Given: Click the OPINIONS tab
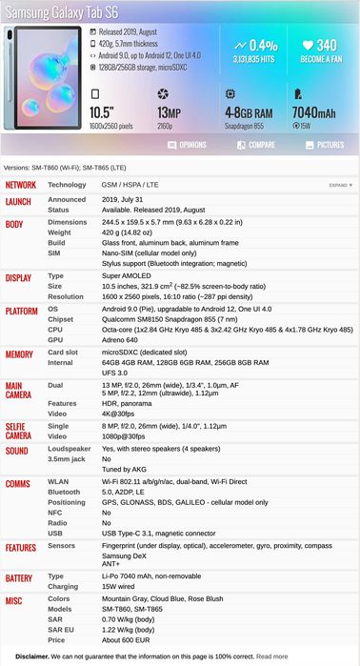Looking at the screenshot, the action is [x=187, y=145].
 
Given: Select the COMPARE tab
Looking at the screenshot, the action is [x=255, y=145].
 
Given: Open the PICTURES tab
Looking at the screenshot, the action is [x=324, y=145].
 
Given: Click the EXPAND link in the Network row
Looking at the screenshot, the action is [x=340, y=185].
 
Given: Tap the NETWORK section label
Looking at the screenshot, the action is [x=21, y=185].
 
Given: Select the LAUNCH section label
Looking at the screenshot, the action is [x=19, y=201].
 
